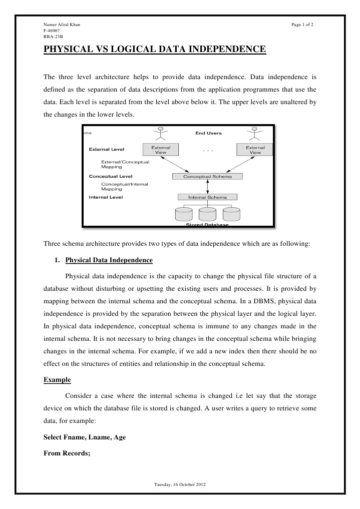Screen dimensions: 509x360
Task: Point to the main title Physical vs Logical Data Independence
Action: pos(154,50)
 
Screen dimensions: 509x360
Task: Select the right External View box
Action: pos(255,150)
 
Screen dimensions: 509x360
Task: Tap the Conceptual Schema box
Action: pos(207,176)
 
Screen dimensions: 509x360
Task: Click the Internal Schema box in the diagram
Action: pos(207,197)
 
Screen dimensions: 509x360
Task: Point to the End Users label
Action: pos(208,133)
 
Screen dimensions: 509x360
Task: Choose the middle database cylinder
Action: pos(207,214)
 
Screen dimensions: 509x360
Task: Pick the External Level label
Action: pos(107,149)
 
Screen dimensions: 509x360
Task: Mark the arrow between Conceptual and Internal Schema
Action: pos(207,187)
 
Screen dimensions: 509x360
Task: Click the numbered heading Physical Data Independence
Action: pos(109,261)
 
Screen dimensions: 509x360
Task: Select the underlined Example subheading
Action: pos(57,380)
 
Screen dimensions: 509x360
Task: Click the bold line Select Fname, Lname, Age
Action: pos(85,437)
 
